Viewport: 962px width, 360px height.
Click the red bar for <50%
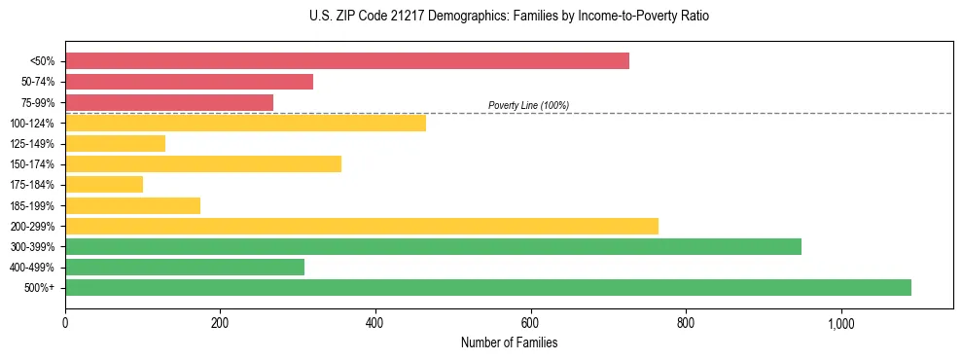(x=347, y=61)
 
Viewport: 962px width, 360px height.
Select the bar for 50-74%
(x=189, y=82)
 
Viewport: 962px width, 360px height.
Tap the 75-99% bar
(x=169, y=102)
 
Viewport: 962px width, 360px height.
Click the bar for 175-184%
(x=104, y=184)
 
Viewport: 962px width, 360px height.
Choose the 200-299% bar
(x=362, y=226)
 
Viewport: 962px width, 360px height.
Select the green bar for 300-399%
(x=433, y=246)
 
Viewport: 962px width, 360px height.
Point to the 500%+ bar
(x=488, y=287)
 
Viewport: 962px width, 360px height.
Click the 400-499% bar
(x=185, y=267)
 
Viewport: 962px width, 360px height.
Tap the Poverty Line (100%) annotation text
(x=528, y=105)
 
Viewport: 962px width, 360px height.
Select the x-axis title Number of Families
(x=509, y=342)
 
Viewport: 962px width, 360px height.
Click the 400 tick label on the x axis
(x=375, y=323)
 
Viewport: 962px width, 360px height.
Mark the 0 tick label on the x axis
(x=65, y=323)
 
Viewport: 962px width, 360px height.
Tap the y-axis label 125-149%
(x=33, y=144)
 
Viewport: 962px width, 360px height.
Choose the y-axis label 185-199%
(x=33, y=205)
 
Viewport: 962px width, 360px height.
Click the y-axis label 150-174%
(x=33, y=164)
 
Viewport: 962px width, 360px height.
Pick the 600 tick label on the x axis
(x=530, y=323)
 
